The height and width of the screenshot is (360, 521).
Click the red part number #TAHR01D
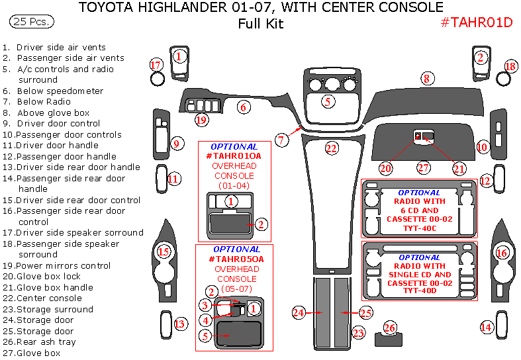(477, 22)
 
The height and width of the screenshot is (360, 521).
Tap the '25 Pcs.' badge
(31, 22)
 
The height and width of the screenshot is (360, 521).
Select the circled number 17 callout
(156, 65)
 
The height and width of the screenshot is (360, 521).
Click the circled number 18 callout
(510, 66)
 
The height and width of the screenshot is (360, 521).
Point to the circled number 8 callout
(427, 79)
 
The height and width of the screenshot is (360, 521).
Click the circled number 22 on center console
(332, 148)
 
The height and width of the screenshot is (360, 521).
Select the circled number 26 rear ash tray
(390, 328)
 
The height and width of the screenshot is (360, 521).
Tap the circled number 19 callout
(201, 120)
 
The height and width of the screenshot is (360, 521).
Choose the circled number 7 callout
(281, 140)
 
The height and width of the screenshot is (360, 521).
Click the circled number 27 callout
(422, 168)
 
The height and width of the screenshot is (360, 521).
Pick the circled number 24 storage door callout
(299, 312)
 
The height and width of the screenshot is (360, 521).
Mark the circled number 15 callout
(163, 251)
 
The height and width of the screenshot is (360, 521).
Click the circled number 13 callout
(179, 324)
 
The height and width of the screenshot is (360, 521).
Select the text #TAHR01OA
(234, 156)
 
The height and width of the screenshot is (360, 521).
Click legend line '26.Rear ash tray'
(39, 342)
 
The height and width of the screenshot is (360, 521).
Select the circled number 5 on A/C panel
(327, 101)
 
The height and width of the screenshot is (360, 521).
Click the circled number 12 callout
(485, 180)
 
